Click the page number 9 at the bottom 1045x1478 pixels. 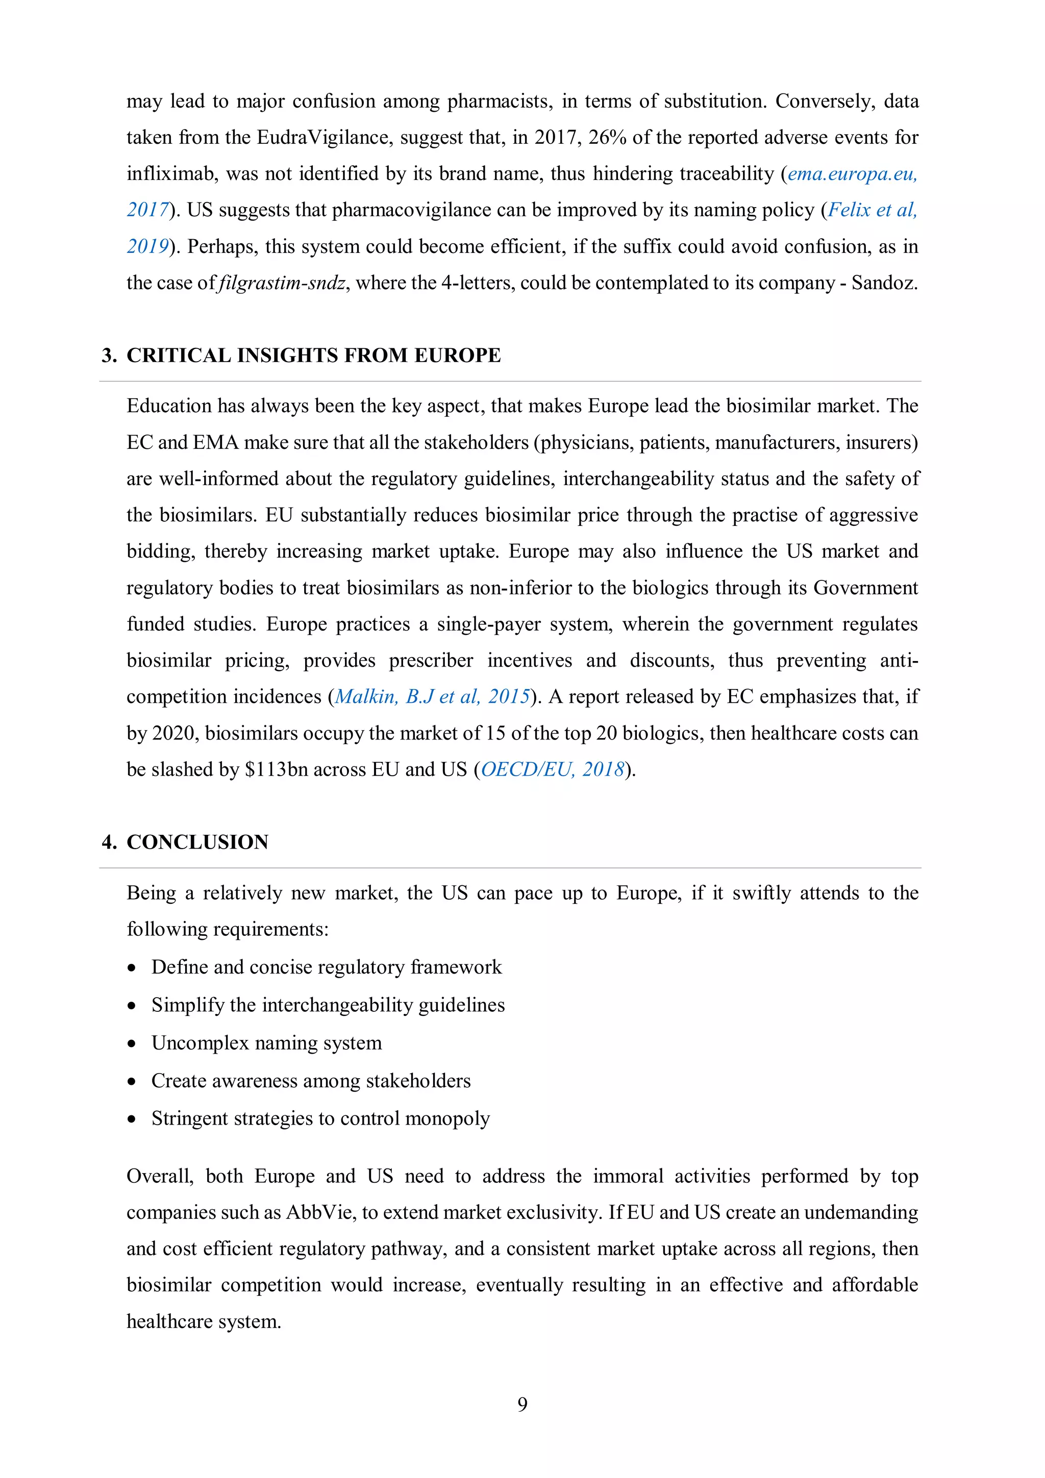[x=522, y=1404]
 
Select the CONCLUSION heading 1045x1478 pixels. [x=197, y=842]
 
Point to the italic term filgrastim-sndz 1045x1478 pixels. [x=283, y=283]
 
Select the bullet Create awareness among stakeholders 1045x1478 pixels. [x=310, y=1080]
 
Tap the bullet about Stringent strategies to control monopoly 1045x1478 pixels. [x=320, y=1118]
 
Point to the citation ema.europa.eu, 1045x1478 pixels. [x=852, y=174]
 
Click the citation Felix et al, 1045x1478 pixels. [x=872, y=210]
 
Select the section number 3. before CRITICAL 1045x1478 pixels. [x=109, y=355]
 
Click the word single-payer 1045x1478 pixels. [x=489, y=624]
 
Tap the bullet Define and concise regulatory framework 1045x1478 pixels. [x=326, y=967]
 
